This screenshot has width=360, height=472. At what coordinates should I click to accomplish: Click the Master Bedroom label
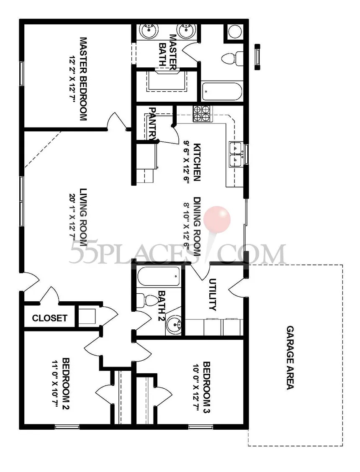(x=83, y=79)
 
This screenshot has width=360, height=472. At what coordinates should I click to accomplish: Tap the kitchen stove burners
(x=201, y=114)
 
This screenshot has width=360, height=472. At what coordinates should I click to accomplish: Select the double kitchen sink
(x=236, y=154)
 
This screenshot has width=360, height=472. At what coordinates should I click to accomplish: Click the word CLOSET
(x=49, y=318)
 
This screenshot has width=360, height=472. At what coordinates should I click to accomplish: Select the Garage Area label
(x=290, y=358)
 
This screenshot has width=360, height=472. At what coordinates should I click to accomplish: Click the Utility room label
(x=213, y=295)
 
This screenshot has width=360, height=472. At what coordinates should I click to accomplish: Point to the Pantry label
(x=153, y=123)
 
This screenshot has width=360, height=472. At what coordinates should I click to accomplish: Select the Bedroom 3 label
(x=207, y=387)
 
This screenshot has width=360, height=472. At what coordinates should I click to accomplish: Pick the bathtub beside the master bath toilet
(x=222, y=92)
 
